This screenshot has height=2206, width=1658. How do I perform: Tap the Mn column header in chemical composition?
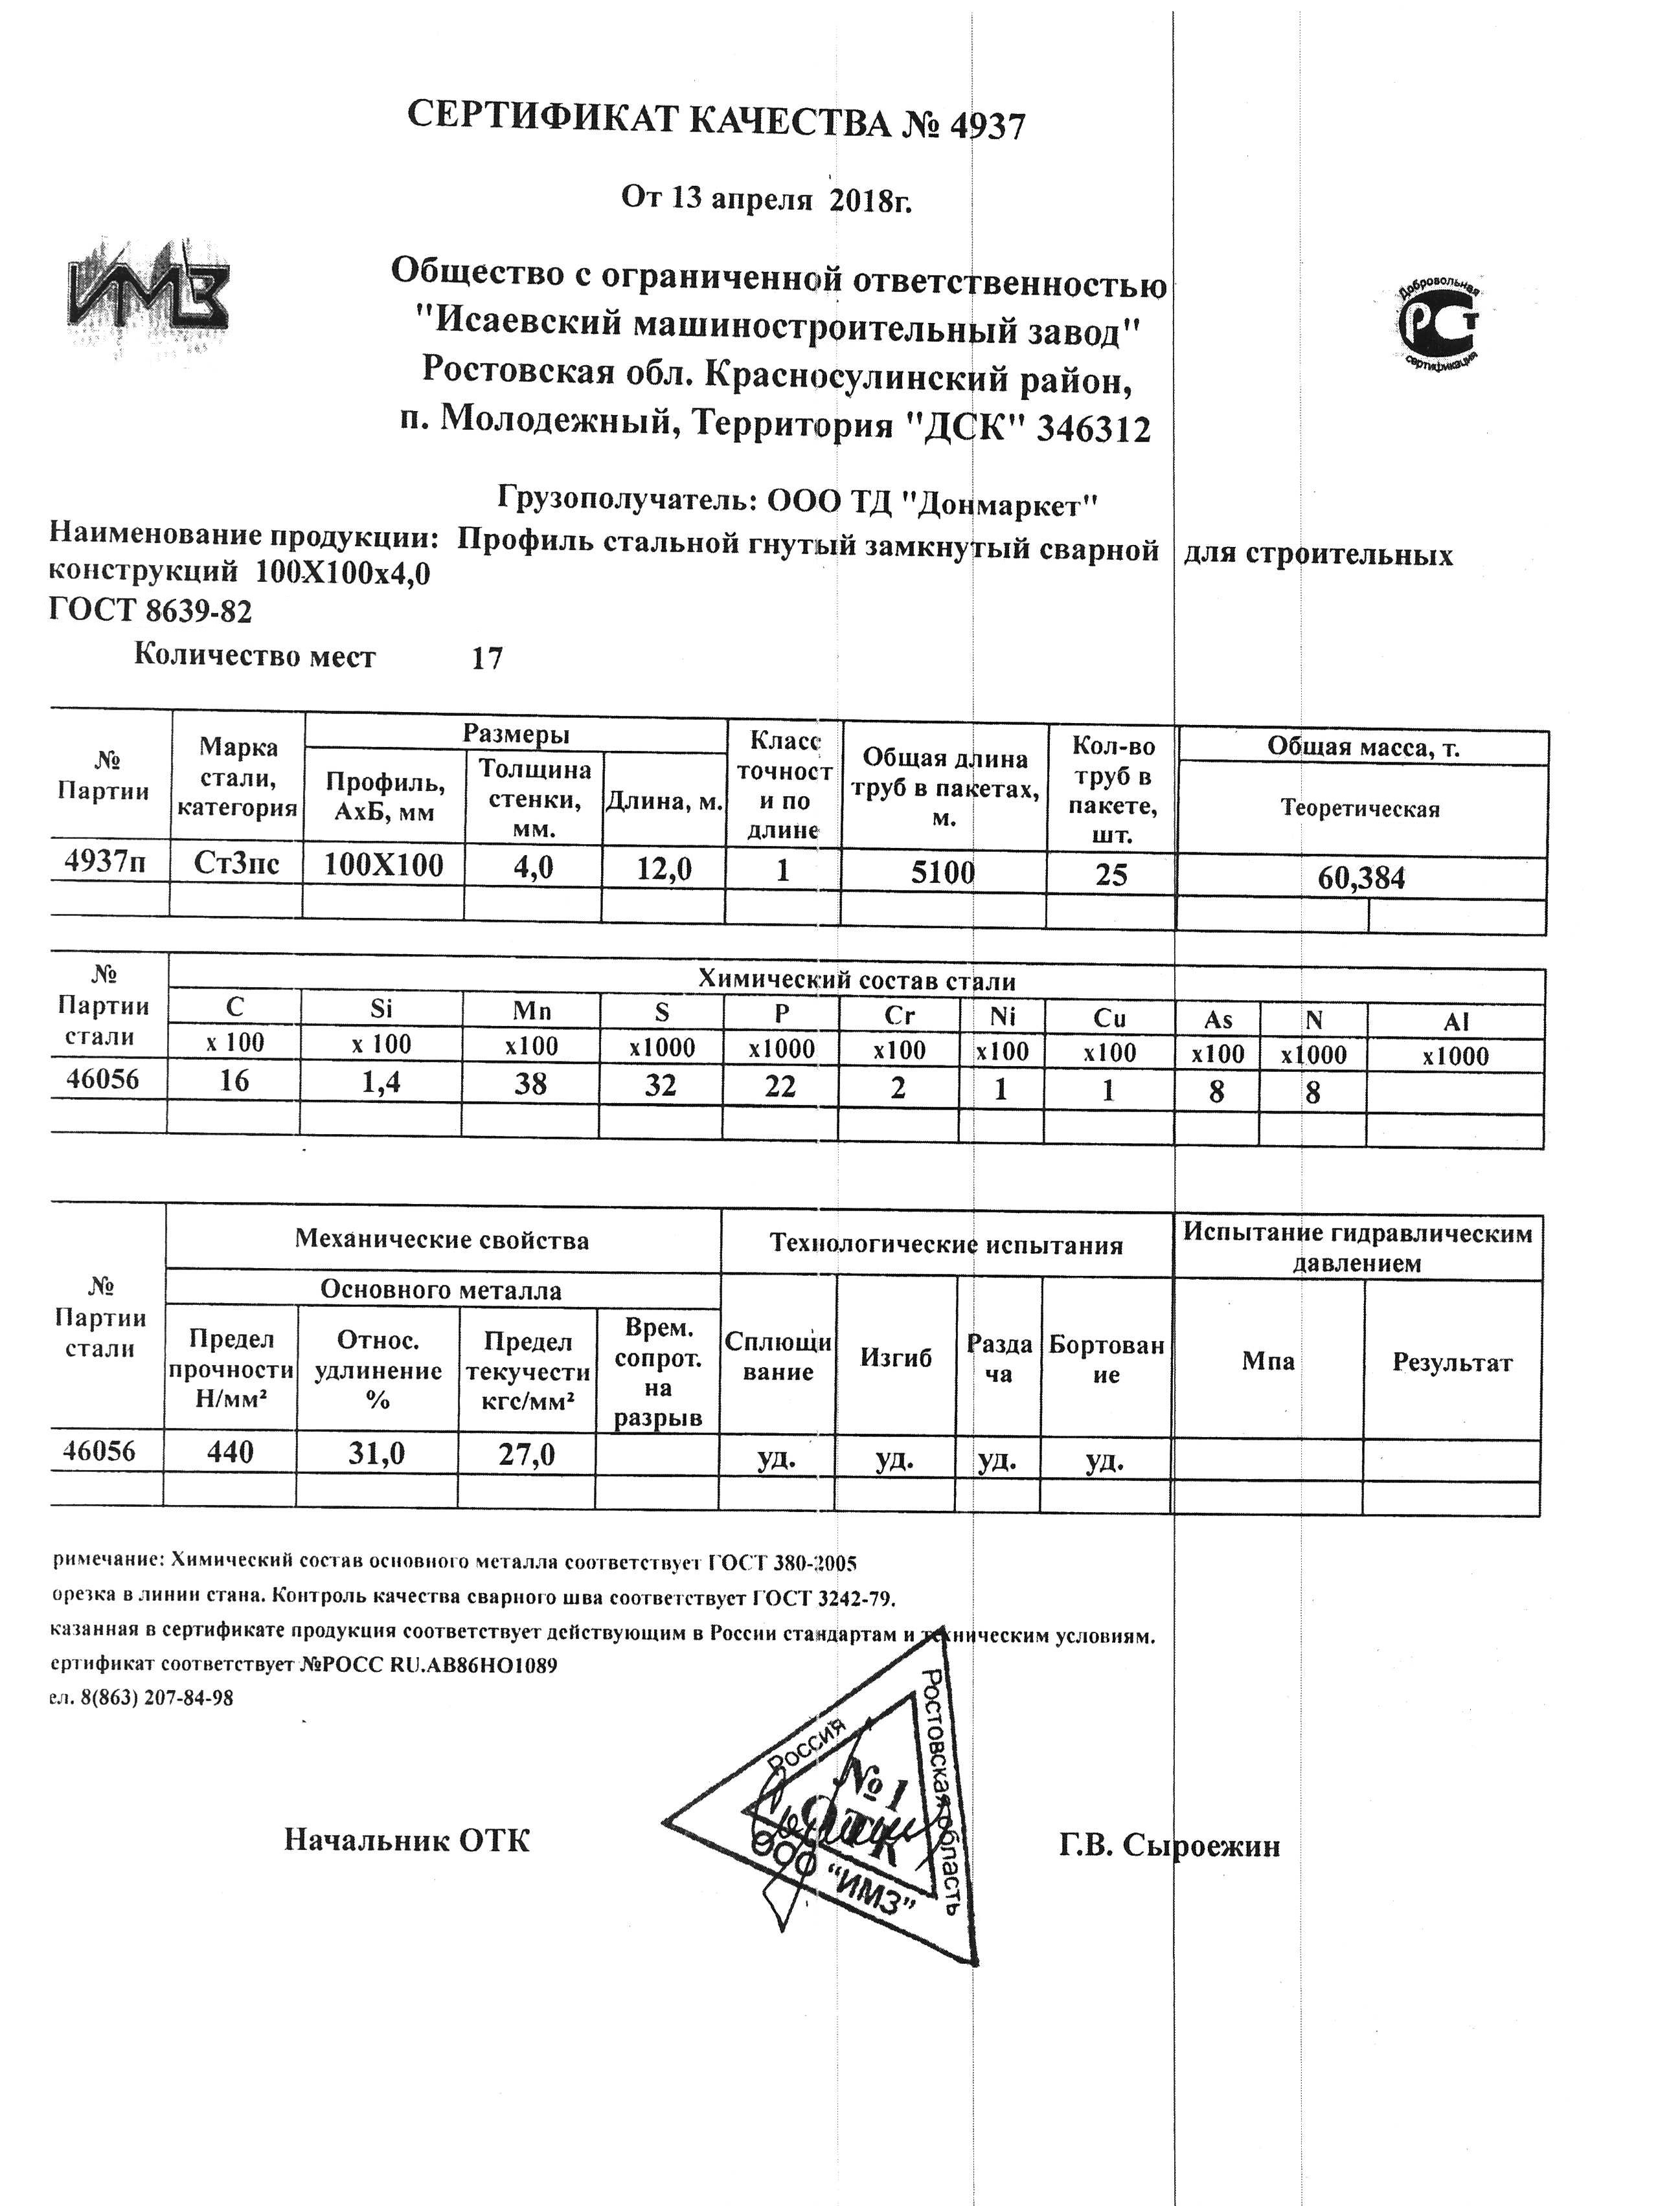click(x=530, y=1010)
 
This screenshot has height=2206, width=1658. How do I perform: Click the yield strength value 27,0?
click(x=527, y=1455)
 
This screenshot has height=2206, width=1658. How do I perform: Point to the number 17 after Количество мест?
click(x=487, y=658)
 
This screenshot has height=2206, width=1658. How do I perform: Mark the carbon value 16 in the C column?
click(x=234, y=1080)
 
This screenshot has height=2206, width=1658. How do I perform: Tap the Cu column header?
click(x=1109, y=1018)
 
